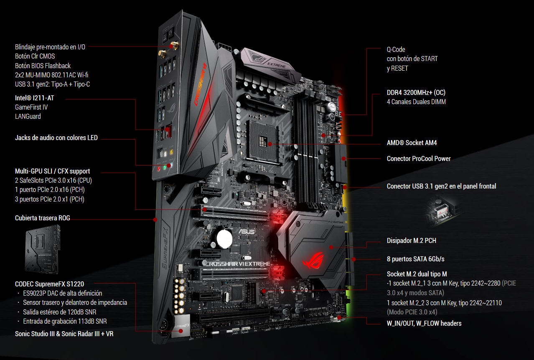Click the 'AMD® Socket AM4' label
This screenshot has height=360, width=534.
pyautogui.click(x=412, y=143)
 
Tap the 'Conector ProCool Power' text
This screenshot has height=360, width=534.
pyautogui.click(x=419, y=158)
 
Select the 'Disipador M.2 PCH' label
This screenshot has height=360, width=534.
pyautogui.click(x=412, y=240)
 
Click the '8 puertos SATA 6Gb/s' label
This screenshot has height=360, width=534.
pyautogui.click(x=415, y=259)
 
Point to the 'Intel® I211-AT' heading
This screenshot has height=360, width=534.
pyautogui.click(x=35, y=98)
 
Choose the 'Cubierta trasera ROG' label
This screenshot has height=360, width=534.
pyautogui.click(x=43, y=218)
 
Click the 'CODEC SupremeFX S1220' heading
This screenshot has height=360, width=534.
pyautogui.click(x=49, y=284)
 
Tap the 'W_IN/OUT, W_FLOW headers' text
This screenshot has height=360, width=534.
pyautogui.click(x=424, y=323)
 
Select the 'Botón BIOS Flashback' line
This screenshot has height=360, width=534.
pyautogui.click(x=43, y=66)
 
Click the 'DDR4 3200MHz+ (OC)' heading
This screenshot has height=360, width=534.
pyautogui.click(x=416, y=92)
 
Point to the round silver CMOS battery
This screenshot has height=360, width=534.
pyautogui.click(x=224, y=239)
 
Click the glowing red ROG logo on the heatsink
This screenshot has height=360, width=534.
pyautogui.click(x=313, y=260)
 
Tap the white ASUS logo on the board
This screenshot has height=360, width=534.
pyautogui.click(x=247, y=231)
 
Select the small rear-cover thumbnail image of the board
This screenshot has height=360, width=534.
pyautogui.click(x=43, y=250)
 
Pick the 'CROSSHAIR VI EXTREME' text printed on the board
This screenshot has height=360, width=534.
pyautogui.click(x=238, y=264)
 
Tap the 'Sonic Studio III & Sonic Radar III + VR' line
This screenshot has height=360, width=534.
pyautogui.click(x=64, y=334)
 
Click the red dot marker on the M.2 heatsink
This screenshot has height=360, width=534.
pyautogui.click(x=331, y=248)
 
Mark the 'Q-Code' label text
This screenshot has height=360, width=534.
pyautogui.click(x=396, y=49)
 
